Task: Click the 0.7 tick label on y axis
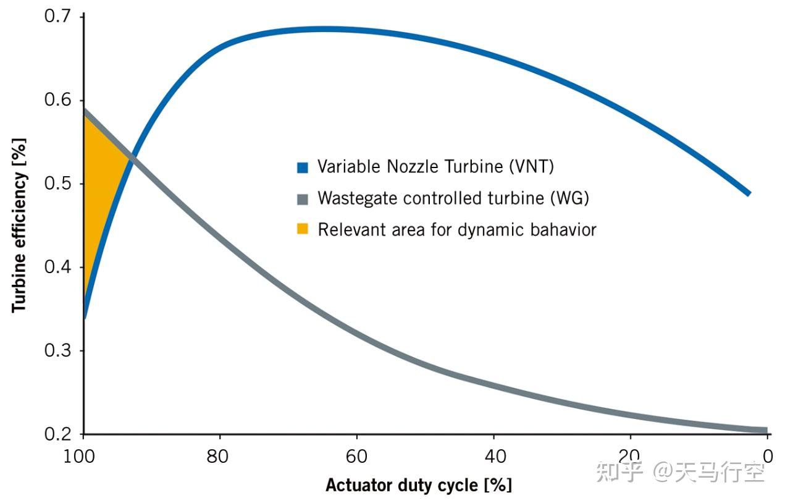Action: [59, 16]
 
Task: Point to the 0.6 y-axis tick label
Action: [59, 100]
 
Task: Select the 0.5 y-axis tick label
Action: [59, 184]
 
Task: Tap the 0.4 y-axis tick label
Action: [59, 267]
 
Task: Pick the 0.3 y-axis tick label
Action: [59, 350]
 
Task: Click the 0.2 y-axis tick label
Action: [59, 434]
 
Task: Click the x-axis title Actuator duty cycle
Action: [418, 484]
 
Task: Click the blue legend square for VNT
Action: [302, 167]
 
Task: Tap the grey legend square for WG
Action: [302, 199]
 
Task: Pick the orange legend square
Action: [302, 230]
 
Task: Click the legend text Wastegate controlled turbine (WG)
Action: [453, 198]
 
